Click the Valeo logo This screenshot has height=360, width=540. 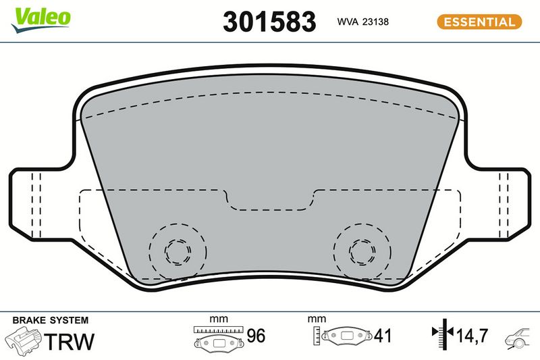click(40, 20)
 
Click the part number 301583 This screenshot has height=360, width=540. click(269, 22)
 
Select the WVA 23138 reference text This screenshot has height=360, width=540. click(362, 22)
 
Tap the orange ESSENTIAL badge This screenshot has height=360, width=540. click(479, 22)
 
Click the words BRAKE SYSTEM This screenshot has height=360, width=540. click(50, 320)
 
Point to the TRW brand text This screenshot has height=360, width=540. click(69, 341)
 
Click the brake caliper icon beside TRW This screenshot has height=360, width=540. click(23, 340)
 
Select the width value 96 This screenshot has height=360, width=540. click(256, 336)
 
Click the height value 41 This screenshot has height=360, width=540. click(383, 336)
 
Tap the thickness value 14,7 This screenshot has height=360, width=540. click(472, 336)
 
